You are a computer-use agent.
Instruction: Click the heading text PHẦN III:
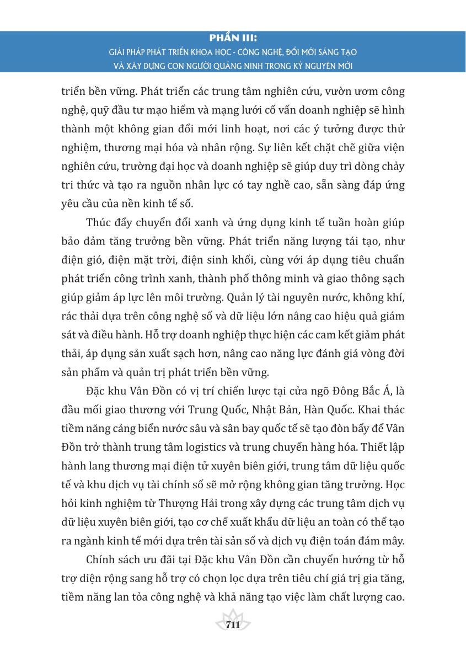pyautogui.click(x=233, y=39)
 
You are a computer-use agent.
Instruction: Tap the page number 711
pyautogui.click(x=233, y=624)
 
